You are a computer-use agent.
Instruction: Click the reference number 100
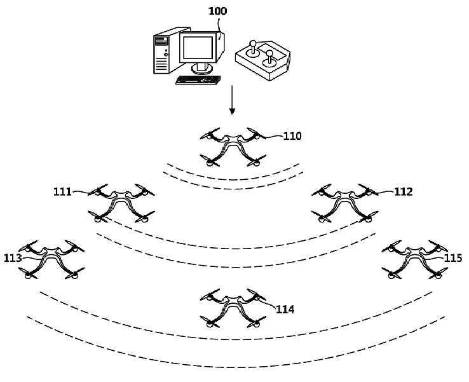pyautogui.click(x=217, y=11)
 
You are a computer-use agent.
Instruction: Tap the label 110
pyautogui.click(x=292, y=137)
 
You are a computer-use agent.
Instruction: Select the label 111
pyautogui.click(x=62, y=191)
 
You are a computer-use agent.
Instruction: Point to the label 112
pyautogui.click(x=403, y=191)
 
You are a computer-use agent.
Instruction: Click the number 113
pyautogui.click(x=13, y=258)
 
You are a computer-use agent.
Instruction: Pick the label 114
pyautogui.click(x=285, y=309)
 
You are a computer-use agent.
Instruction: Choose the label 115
pyautogui.click(x=453, y=257)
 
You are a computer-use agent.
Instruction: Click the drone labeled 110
pyautogui.click(x=233, y=147)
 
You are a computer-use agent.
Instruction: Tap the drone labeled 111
pyautogui.click(x=121, y=203)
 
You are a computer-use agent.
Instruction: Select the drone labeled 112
pyautogui.click(x=345, y=203)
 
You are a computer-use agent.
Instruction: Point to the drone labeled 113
pyautogui.click(x=51, y=259)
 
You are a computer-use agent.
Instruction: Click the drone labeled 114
pyautogui.click(x=233, y=308)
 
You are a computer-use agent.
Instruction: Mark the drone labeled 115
pyautogui.click(x=414, y=259)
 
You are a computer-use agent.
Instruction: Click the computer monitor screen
pyautogui.click(x=198, y=48)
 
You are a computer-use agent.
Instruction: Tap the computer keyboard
pyautogui.click(x=198, y=80)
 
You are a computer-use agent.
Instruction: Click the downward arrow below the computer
pyautogui.click(x=232, y=100)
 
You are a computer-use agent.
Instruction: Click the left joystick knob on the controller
pyautogui.click(x=253, y=43)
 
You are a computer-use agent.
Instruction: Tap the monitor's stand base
pyautogui.click(x=202, y=70)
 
